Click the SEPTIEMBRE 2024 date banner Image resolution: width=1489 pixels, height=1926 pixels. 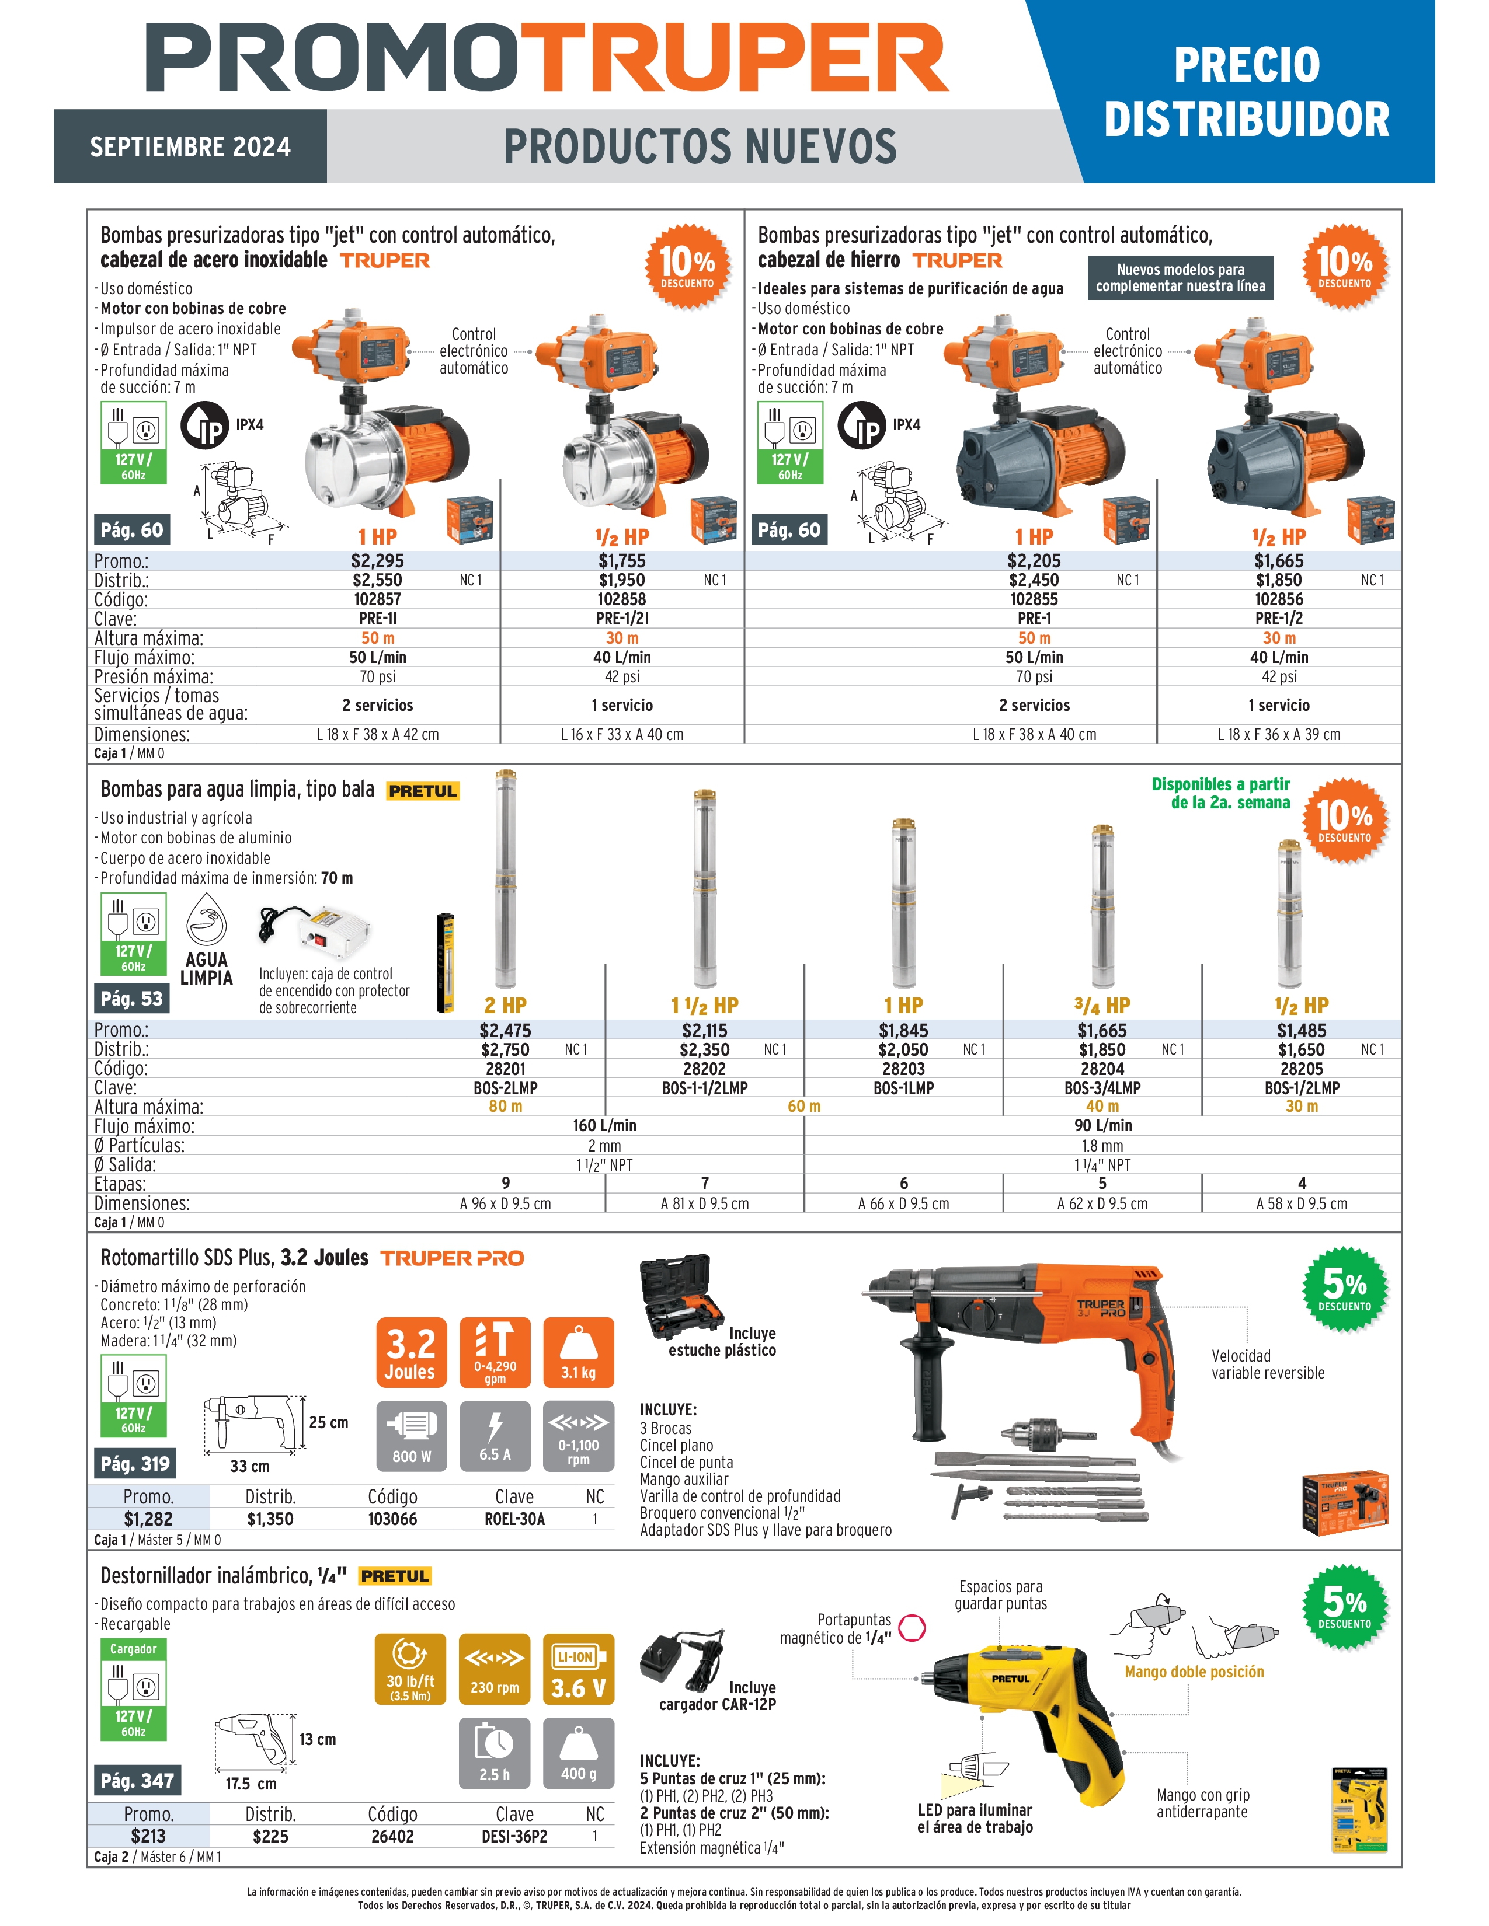coord(190,146)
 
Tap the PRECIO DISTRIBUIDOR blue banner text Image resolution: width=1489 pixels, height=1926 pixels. coord(1247,92)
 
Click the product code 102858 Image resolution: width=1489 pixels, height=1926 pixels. coord(622,599)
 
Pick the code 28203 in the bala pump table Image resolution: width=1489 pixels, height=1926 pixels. coord(903,1069)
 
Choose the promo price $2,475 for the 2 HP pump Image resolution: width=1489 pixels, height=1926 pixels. coord(506,1030)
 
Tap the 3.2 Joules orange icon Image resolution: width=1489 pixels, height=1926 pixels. coord(411,1353)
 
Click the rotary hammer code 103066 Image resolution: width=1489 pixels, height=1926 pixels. coord(392,1519)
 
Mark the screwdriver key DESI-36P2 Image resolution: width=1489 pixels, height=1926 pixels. coord(514,1837)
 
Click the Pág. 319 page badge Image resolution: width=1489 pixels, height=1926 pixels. coord(135,1464)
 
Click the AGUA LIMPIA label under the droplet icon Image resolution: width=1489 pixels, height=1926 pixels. coord(206,968)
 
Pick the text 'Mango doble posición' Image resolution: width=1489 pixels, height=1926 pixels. coord(1194,1672)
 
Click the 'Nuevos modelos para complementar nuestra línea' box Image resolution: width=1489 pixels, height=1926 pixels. coord(1180,278)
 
